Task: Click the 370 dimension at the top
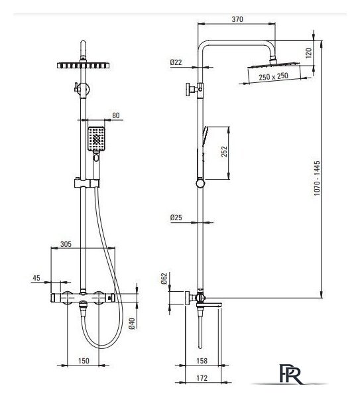coord(237,19)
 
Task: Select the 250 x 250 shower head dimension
coord(274,76)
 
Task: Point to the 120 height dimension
coord(308,53)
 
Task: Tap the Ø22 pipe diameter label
coord(176,62)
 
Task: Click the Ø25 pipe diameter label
coord(176,218)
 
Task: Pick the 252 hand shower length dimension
coord(224,151)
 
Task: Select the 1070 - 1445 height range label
coord(317,178)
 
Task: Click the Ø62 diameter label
coord(164,279)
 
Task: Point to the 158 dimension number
coord(202,361)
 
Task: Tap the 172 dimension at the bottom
coord(202,378)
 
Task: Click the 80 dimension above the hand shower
coord(115,115)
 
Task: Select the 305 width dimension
coord(66,244)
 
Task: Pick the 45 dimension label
coord(36,278)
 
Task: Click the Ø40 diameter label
coord(132,324)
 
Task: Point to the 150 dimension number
coord(84,361)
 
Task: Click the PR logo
coord(290,374)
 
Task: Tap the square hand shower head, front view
coord(96,139)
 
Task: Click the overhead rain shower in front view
coord(84,66)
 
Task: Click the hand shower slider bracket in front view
coord(87,183)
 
